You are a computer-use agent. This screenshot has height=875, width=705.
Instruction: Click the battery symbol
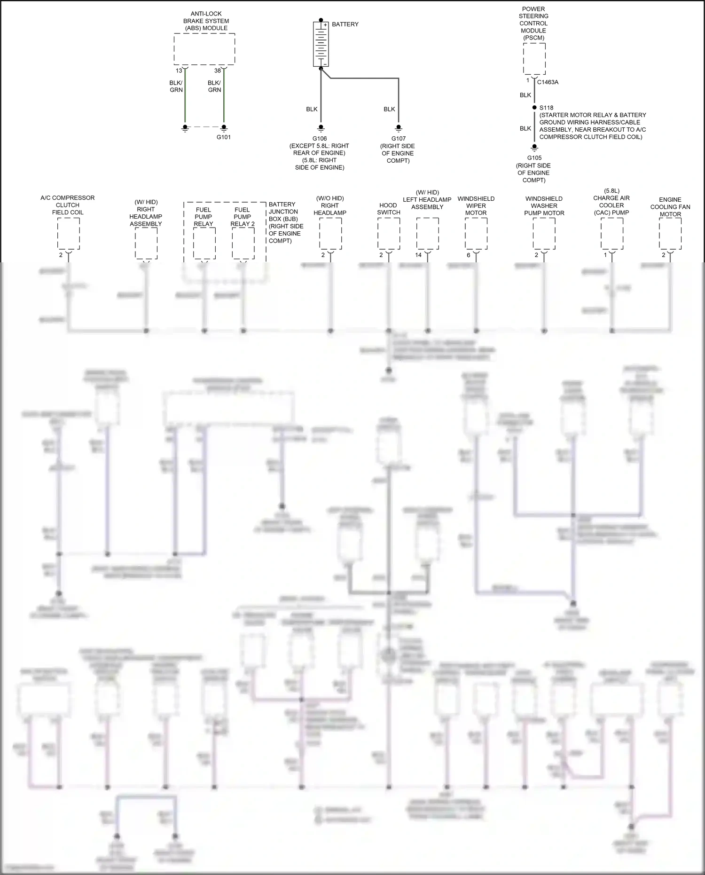coord(321,44)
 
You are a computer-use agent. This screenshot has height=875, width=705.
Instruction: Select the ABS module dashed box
coord(204,49)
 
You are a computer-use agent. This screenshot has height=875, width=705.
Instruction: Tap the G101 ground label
coord(224,137)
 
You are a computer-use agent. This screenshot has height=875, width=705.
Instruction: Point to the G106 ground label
coord(320,139)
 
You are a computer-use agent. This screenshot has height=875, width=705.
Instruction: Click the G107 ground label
coord(399,139)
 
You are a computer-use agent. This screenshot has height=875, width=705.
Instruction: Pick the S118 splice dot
coord(534,108)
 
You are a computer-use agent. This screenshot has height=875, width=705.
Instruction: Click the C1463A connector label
coord(548,82)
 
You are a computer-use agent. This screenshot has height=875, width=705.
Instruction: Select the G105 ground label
coord(534,158)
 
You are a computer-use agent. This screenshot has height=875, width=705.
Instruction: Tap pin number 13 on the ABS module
coord(179,71)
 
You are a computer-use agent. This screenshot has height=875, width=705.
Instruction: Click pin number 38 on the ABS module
coord(217,71)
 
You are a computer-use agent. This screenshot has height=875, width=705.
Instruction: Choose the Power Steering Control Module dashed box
coord(534,59)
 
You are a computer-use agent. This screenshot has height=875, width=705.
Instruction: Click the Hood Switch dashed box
coord(389,234)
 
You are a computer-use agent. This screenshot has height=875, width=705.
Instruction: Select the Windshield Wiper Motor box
coord(476,234)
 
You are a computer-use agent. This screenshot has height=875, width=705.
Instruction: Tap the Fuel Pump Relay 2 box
coord(243,243)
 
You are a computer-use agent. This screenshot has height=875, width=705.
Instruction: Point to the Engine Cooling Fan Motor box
coord(670,234)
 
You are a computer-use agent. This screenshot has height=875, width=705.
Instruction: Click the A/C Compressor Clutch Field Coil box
coord(69,234)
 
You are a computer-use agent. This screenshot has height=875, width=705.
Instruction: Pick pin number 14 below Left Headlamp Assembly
coord(418,255)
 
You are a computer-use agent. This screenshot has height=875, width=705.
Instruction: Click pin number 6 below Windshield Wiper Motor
coord(468,255)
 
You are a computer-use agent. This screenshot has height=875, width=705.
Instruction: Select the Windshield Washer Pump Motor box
coord(544,234)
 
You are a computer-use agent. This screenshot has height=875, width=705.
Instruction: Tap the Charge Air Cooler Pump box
coord(612,234)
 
